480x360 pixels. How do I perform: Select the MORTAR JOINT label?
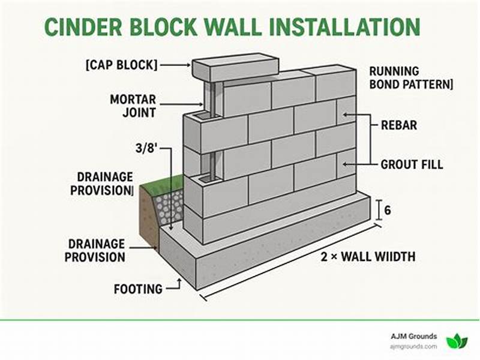(133, 105)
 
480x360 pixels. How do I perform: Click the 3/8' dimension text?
(147, 148)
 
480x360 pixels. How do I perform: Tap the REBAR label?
(400, 126)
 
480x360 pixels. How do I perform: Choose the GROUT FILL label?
(412, 164)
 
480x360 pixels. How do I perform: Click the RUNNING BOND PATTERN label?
(410, 78)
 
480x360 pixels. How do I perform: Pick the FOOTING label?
(138, 289)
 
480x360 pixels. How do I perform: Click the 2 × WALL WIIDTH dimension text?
(368, 257)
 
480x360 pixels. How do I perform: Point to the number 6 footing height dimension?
(388, 211)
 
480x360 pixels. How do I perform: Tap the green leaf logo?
(456, 341)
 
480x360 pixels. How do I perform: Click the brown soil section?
(147, 216)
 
